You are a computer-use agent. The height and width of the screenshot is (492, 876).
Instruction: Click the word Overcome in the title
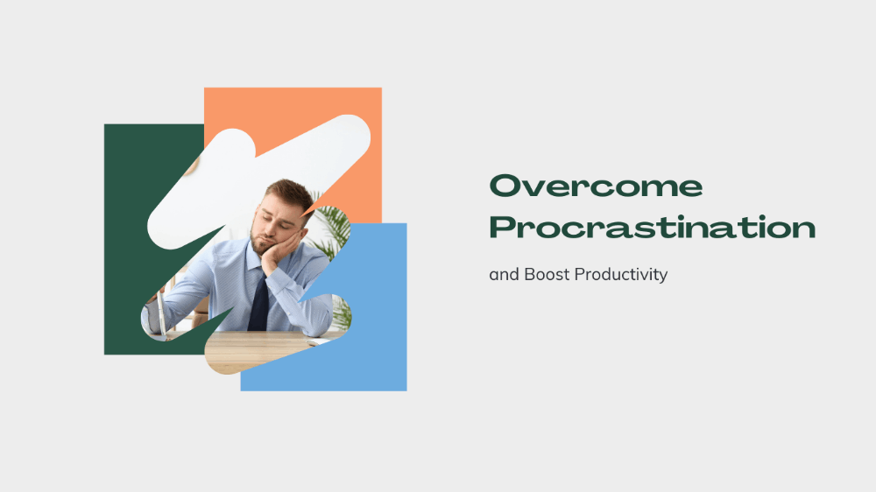[596, 186]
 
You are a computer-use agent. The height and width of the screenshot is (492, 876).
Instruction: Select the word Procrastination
[652, 228]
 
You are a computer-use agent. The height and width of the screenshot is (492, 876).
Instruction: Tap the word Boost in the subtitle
[547, 274]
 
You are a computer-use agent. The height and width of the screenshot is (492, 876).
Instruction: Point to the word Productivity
[621, 275]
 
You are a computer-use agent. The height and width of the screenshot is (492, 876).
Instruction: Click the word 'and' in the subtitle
[504, 274]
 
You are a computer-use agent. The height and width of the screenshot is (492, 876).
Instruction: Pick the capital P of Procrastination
[504, 228]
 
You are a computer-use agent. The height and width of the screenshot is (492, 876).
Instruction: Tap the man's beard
[261, 243]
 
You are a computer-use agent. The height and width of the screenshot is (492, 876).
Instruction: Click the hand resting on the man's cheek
[279, 252]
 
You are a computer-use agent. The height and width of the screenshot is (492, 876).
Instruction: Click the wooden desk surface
[263, 349]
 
